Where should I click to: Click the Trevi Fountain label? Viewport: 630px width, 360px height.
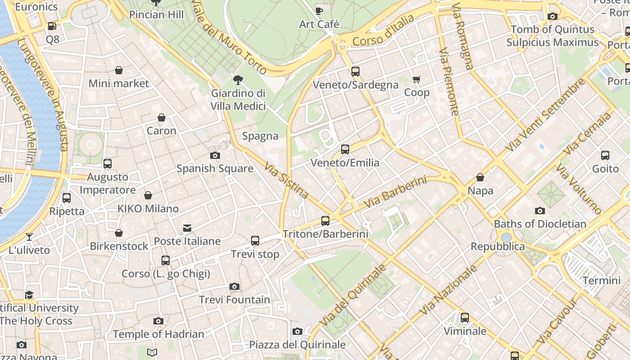[234, 300]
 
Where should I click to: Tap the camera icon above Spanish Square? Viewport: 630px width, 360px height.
[215, 156]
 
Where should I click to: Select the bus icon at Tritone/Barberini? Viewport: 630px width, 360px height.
[325, 221]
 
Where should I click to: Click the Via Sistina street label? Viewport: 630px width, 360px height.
[287, 180]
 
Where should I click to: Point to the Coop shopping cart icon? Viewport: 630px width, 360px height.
[417, 80]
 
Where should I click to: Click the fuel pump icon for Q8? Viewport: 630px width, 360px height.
[52, 27]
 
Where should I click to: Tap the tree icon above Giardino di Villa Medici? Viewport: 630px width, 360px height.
[238, 81]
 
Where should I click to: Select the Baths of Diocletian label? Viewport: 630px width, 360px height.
[540, 224]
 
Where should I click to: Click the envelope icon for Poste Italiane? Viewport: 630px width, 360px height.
[187, 228]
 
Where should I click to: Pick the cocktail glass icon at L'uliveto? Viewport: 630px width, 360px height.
[29, 237]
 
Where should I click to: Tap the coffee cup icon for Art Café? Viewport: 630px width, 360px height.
[319, 11]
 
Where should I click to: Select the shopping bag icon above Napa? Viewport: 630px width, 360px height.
[480, 177]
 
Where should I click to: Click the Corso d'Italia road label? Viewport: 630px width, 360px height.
[383, 31]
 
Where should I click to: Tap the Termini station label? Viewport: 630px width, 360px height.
[601, 281]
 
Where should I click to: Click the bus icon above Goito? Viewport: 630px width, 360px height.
[605, 156]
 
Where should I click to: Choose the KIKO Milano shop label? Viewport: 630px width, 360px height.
[148, 209]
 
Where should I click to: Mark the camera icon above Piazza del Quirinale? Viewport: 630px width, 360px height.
[297, 332]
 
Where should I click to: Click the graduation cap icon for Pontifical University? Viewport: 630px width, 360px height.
[29, 295]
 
